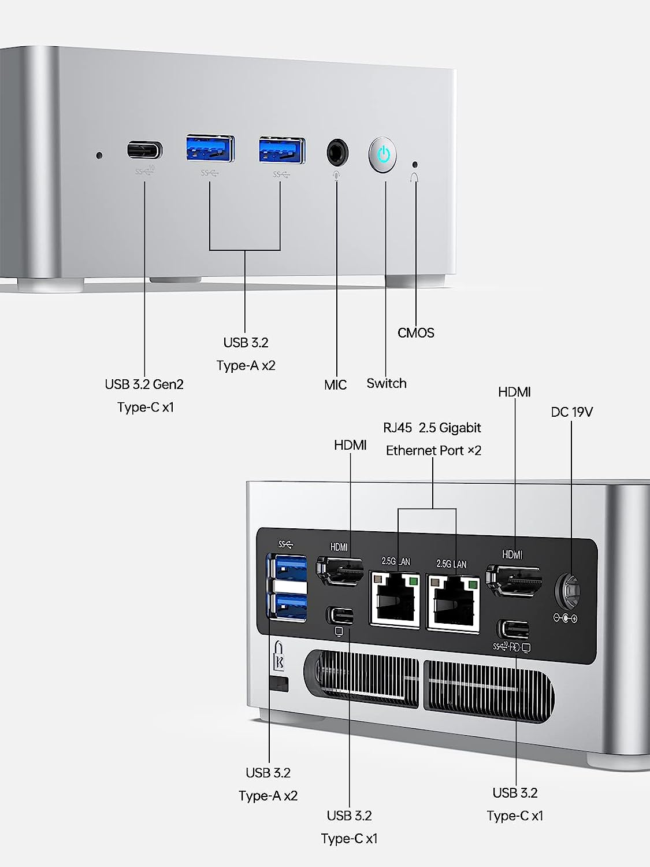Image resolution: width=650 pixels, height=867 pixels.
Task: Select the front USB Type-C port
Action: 144,151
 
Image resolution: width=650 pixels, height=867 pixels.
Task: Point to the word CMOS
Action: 415,333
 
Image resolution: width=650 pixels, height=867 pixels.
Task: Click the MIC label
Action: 335,385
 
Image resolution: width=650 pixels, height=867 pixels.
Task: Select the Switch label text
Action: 387,383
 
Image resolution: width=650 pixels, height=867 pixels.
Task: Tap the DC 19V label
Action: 571,412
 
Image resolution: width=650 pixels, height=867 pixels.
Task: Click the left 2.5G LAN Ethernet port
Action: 395,601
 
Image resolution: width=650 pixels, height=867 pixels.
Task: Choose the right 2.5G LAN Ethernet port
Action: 453,603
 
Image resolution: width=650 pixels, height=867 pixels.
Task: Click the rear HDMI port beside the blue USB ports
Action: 340,570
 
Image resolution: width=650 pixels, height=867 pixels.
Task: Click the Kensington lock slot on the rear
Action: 280,684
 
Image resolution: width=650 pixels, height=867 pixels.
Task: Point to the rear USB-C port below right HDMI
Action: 512,628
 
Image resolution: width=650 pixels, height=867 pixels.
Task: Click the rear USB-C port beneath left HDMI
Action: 340,614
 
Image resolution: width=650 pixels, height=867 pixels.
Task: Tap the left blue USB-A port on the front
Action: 210,150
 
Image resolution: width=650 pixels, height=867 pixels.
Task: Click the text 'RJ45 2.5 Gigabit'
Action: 432,428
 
